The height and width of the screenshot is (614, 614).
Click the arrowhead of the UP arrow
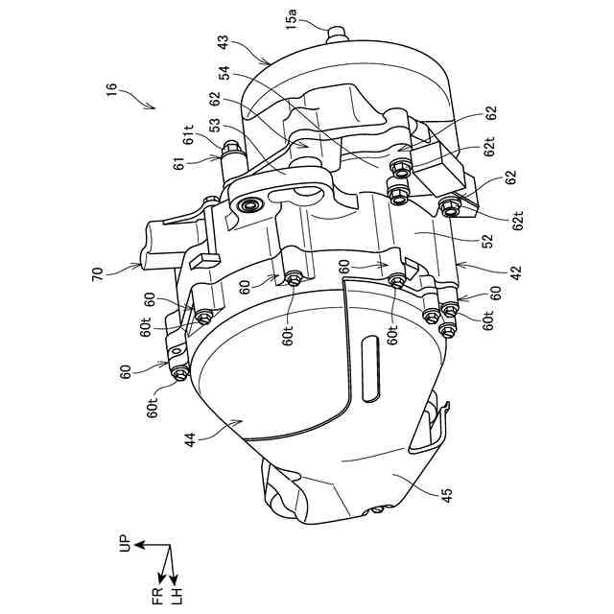click(x=137, y=544)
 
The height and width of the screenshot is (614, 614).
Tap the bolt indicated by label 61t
click(x=231, y=151)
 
